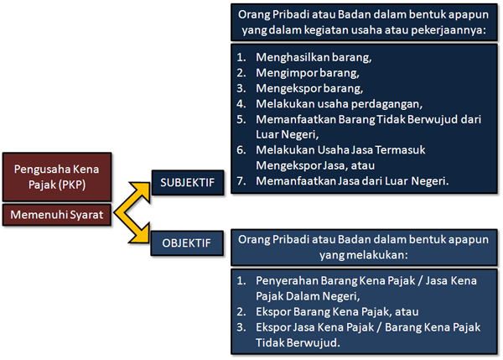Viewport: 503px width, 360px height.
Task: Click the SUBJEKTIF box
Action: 187,181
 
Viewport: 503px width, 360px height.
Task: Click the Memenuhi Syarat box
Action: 57,216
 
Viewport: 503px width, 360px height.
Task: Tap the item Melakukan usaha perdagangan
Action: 340,104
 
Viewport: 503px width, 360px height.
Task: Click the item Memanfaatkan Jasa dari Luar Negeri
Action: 353,180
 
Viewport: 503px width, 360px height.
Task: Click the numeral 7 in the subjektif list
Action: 240,180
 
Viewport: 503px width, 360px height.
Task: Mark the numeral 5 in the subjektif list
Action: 240,119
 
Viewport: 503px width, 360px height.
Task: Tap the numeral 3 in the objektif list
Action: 240,326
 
